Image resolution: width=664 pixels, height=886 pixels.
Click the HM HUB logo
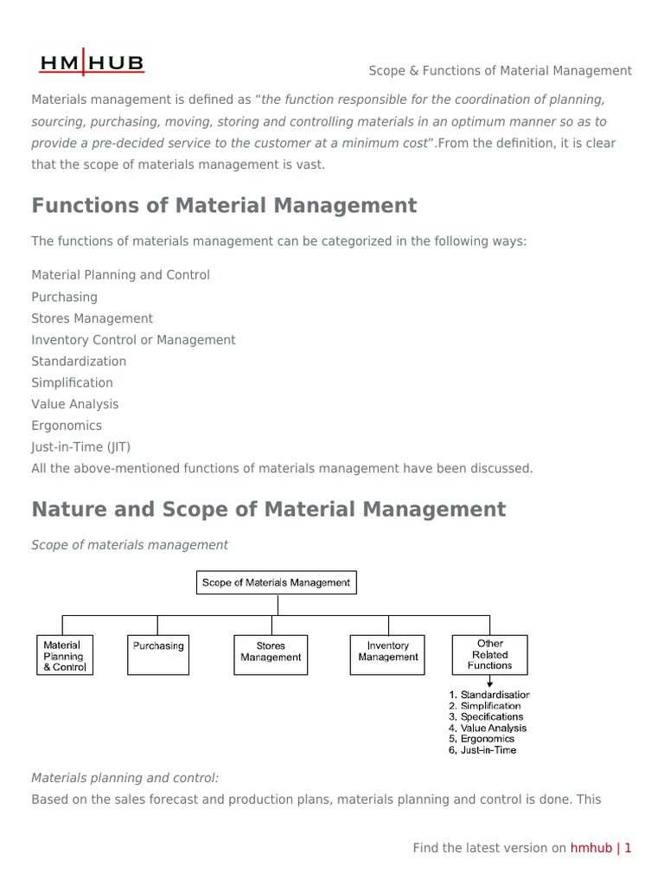click(x=93, y=62)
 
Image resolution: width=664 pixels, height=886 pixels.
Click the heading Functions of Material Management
click(x=224, y=206)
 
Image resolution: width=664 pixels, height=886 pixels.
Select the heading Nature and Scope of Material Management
click(x=268, y=510)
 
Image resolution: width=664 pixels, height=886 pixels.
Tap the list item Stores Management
click(x=92, y=318)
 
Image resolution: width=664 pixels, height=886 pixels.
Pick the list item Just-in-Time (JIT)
click(x=81, y=447)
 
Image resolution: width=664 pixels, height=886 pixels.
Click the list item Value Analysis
click(x=75, y=404)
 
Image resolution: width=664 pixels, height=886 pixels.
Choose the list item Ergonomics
click(x=67, y=426)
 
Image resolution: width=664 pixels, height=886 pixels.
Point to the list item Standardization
click(x=79, y=362)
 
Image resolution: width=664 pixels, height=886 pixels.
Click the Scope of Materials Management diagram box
click(x=276, y=583)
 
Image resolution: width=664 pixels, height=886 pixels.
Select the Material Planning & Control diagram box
click(x=63, y=656)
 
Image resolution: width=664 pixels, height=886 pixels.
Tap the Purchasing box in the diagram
click(x=157, y=656)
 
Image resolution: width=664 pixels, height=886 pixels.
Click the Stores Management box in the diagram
click(x=271, y=656)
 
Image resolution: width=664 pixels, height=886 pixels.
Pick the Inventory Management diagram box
click(x=387, y=656)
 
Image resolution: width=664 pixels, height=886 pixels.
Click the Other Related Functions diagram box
click(x=489, y=655)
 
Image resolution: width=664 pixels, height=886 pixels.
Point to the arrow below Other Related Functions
click(x=490, y=682)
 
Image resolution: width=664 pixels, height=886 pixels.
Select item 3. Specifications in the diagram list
click(x=486, y=716)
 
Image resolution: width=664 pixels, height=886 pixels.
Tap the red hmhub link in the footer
click(x=591, y=848)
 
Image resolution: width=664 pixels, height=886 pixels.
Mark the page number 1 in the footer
click(x=629, y=848)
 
